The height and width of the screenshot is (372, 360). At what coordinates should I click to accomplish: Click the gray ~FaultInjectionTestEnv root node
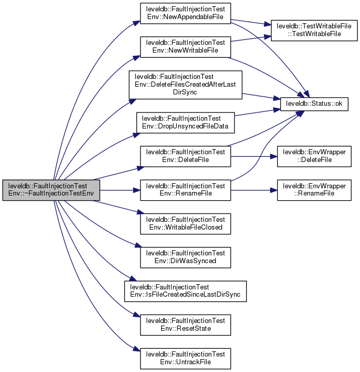coord(51,191)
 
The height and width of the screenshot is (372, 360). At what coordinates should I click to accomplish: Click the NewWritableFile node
coord(185,46)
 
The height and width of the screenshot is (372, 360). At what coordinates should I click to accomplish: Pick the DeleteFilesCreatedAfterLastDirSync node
coord(185,85)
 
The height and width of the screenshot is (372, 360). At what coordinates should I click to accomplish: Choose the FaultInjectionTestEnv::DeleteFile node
coord(185,156)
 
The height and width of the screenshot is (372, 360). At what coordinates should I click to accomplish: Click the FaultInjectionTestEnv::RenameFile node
coord(185,190)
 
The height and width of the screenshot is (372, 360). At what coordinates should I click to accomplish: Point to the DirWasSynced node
coord(185,257)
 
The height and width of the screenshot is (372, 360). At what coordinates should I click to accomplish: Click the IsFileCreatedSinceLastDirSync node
coord(185,291)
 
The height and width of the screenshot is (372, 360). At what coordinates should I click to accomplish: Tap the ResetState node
coord(185,325)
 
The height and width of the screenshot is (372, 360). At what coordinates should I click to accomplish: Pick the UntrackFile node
coord(185,358)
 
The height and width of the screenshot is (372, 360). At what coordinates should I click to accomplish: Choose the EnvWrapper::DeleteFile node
coord(315,156)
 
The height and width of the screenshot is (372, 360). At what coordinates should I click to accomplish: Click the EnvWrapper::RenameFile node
coord(315,190)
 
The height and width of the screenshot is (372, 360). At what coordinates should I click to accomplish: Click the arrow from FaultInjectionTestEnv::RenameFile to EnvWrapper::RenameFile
coord(254,190)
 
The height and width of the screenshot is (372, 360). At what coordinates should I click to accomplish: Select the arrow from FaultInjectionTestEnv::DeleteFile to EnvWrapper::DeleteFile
coord(254,156)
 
